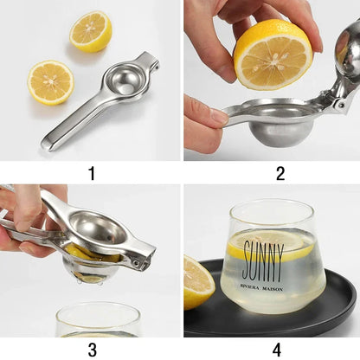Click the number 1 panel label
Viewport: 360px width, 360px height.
tap(92, 173)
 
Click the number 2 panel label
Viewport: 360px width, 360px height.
tap(280, 173)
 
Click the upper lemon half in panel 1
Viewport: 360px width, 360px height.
tap(91, 31)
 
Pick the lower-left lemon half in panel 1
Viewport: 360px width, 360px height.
tap(50, 82)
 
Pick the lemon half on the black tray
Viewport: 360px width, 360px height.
tap(198, 282)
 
